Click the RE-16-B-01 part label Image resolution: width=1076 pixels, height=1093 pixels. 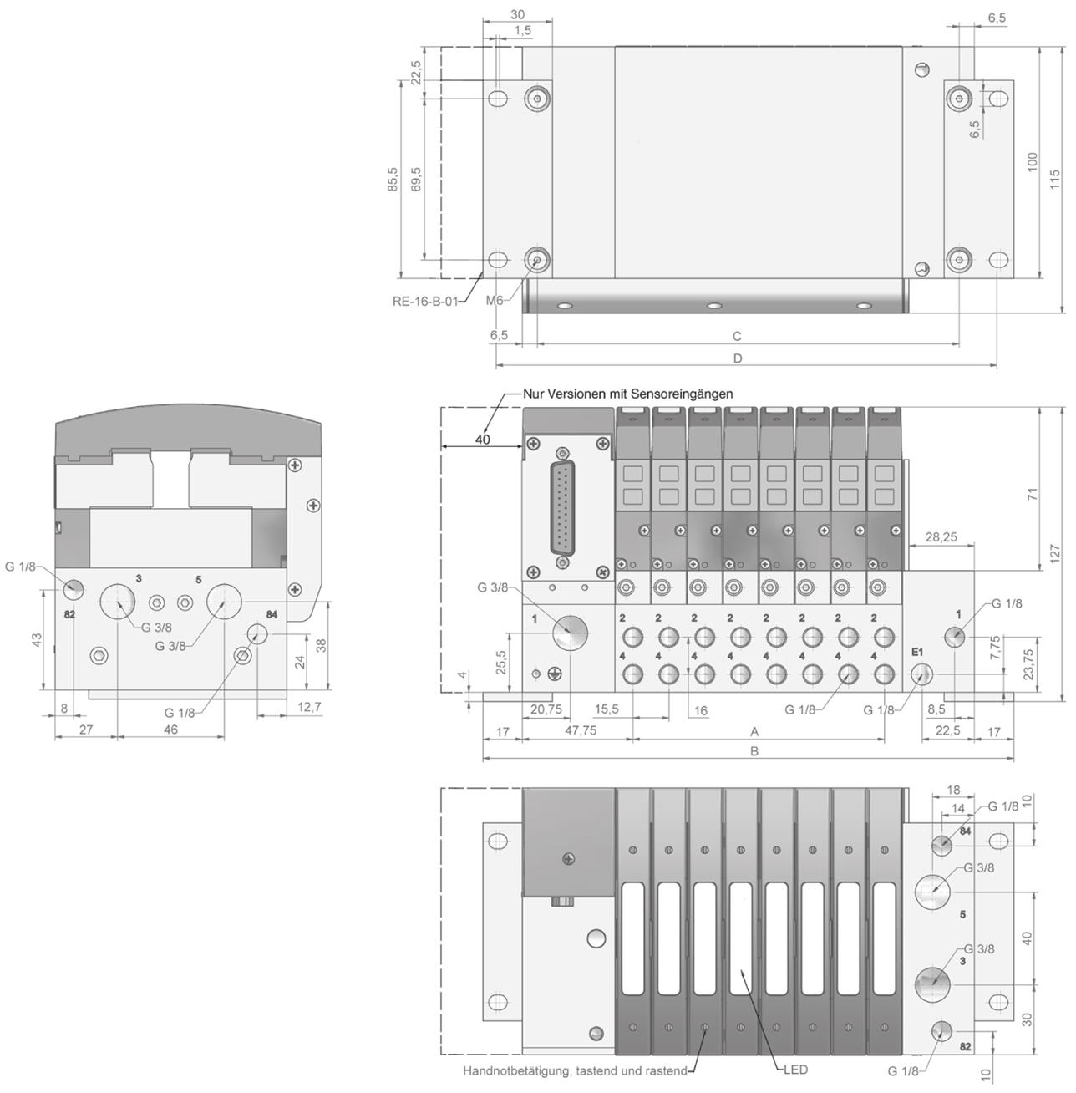425,302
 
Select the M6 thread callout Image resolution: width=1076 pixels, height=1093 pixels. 495,301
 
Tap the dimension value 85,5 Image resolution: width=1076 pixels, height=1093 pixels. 393,180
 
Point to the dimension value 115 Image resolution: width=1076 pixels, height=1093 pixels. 1055,180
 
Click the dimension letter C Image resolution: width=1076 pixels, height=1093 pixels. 737,337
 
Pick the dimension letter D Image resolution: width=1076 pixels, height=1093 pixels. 738,358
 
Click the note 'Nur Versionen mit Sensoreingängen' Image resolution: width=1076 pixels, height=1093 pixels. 627,394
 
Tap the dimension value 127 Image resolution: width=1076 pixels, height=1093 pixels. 1055,556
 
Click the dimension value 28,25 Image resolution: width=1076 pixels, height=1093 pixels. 941,537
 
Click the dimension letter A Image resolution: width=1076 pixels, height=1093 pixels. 754,731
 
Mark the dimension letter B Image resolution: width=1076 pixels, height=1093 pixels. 754,751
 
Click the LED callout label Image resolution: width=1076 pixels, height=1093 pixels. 795,1070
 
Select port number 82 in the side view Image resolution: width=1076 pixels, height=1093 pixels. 70,614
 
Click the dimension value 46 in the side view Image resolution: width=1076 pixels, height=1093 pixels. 170,730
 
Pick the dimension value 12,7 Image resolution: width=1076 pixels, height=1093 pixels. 308,707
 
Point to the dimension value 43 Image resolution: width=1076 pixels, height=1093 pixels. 36,639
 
